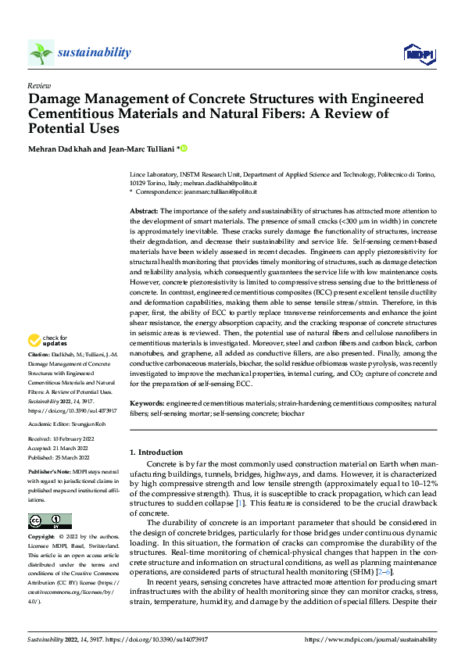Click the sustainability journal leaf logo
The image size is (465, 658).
[41, 52]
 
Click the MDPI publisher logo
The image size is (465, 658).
[420, 52]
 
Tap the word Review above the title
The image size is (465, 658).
[39, 85]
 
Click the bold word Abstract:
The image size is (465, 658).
[144, 212]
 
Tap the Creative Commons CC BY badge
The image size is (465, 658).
[50, 521]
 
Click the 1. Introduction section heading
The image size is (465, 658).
[160, 452]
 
